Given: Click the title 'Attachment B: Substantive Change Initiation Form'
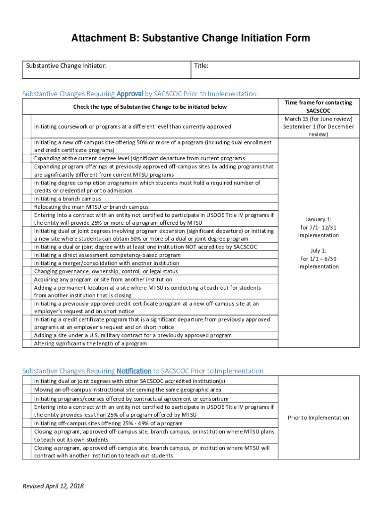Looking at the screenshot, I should tap(191, 38).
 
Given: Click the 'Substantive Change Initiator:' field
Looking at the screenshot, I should tap(107, 69).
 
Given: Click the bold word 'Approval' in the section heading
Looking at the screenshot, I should tap(129, 94).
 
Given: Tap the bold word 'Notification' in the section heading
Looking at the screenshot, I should tap(134, 371).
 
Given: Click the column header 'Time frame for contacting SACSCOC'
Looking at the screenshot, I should tap(318, 106).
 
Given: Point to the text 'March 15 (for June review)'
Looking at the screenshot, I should tap(318, 119).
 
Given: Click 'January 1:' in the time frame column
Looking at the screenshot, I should tap(318, 219).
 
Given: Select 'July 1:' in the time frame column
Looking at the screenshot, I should tap(318, 251).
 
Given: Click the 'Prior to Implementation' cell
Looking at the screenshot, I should tap(318, 417).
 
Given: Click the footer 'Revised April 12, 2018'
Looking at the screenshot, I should tap(53, 486).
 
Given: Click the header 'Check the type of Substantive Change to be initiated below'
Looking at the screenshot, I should tap(150, 107).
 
